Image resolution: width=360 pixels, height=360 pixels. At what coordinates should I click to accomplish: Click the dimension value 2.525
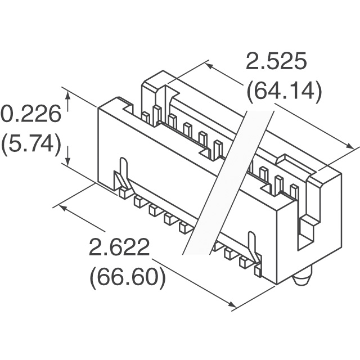click(276, 61)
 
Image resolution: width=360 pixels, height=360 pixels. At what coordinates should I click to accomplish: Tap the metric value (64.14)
click(284, 90)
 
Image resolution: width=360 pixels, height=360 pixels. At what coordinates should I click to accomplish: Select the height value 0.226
click(31, 114)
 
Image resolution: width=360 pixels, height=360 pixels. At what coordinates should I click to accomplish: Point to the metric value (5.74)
click(31, 143)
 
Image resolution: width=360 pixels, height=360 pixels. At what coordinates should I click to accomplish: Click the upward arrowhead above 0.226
click(67, 94)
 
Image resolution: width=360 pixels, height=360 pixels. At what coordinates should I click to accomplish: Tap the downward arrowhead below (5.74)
click(67, 160)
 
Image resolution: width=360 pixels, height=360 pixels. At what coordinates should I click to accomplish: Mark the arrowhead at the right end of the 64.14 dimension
click(349, 146)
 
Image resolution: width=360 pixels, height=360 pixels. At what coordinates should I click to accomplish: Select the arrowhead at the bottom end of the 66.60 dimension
click(232, 304)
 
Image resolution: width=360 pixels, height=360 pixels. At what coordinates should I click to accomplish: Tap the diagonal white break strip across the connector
click(228, 182)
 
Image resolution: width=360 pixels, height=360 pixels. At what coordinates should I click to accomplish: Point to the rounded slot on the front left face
click(123, 169)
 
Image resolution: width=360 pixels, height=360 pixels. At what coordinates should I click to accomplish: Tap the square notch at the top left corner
click(128, 107)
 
